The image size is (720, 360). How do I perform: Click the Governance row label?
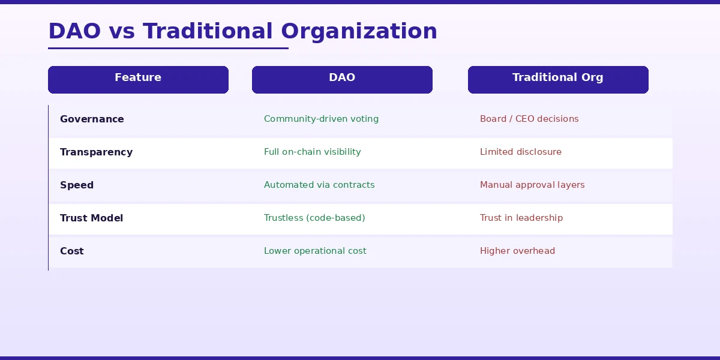(92, 119)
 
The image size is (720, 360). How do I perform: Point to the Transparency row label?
(96, 152)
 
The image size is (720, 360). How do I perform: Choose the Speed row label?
(77, 185)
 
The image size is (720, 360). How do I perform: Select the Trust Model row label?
(91, 218)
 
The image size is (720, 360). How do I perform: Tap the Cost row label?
(72, 251)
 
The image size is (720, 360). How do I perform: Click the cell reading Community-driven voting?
(321, 119)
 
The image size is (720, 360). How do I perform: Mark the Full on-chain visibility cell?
(312, 152)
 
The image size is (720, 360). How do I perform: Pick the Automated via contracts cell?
(319, 185)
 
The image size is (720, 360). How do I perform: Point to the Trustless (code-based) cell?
(314, 218)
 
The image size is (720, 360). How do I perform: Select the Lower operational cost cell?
(315, 251)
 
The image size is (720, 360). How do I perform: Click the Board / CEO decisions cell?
(529, 119)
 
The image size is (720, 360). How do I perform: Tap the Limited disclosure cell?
(521, 152)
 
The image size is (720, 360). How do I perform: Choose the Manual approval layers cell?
(532, 185)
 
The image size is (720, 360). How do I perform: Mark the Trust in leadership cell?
(521, 218)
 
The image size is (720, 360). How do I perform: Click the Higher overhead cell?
(517, 251)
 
